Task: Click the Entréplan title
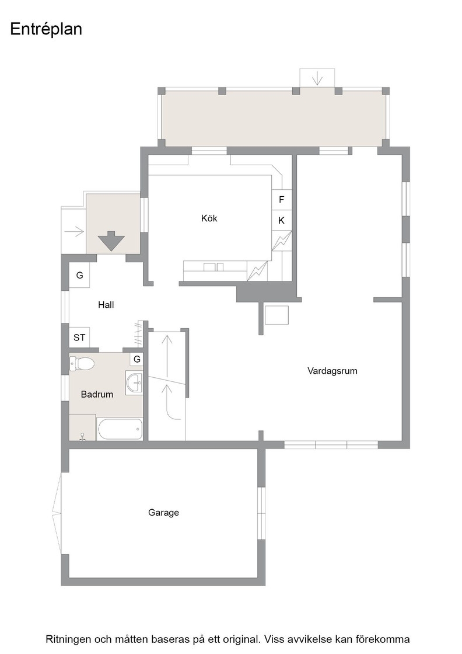(46, 30)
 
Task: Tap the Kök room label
(209, 218)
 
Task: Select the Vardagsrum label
(332, 371)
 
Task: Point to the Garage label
(164, 513)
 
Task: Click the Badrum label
(97, 394)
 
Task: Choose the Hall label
(106, 305)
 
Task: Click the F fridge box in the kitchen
(282, 200)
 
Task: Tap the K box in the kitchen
(282, 220)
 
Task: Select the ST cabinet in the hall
(79, 338)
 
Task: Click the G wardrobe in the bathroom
(137, 359)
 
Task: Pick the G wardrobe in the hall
(79, 275)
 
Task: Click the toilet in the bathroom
(82, 363)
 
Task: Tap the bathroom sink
(134, 382)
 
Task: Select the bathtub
(120, 429)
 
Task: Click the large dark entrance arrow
(111, 241)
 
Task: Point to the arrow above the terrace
(317, 78)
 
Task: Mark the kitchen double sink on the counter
(213, 267)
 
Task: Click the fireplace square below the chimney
(277, 315)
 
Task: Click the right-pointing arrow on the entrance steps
(76, 231)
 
